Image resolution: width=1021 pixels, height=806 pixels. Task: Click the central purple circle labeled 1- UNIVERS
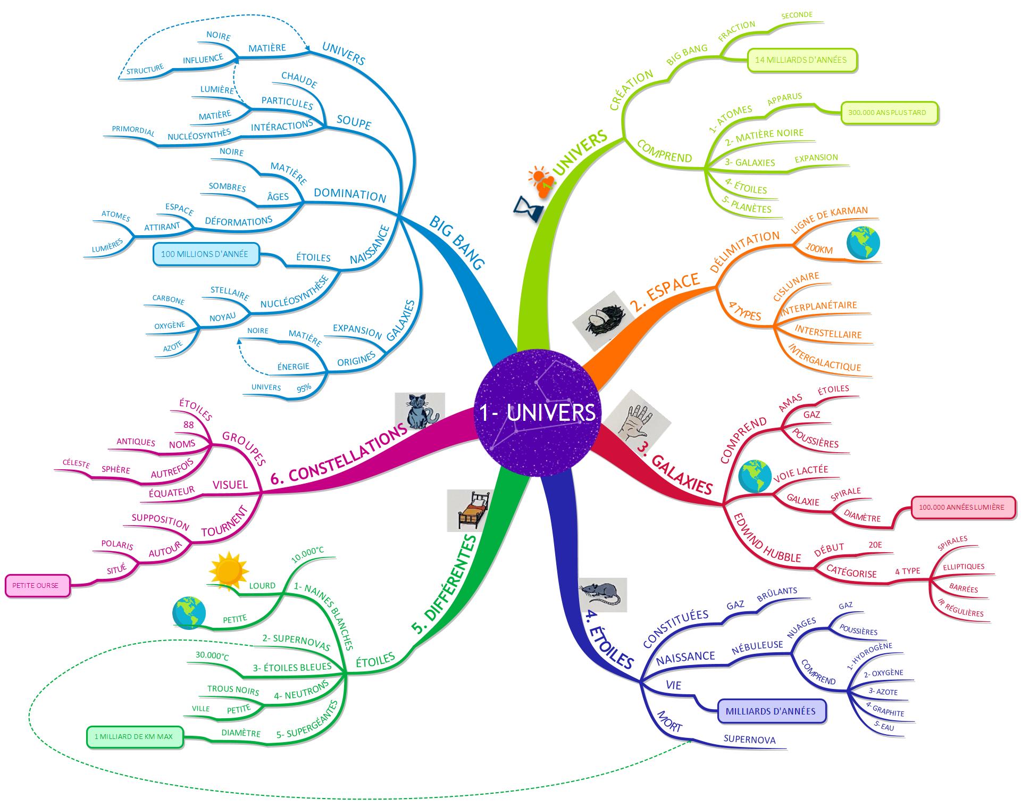(537, 413)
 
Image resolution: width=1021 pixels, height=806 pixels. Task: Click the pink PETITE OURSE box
(37, 586)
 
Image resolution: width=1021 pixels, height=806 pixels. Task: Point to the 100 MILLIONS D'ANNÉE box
(205, 254)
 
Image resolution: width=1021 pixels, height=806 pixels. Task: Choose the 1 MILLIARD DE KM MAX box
(134, 737)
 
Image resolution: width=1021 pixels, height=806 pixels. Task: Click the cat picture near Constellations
(420, 411)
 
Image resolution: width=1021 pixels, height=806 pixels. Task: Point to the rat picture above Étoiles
(602, 594)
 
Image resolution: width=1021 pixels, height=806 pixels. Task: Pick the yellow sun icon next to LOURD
(229, 570)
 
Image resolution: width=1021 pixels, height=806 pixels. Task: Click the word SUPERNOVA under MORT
(749, 740)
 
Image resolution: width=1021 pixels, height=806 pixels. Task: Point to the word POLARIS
(117, 545)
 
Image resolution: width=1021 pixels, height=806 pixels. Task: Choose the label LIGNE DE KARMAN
(829, 219)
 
